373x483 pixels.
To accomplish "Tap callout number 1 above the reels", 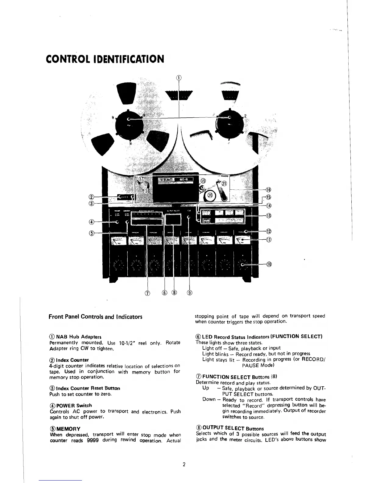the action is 179,77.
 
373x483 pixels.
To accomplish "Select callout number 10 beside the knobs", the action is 269,264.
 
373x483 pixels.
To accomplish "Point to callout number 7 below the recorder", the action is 147,293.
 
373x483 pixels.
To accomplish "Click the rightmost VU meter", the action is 242,241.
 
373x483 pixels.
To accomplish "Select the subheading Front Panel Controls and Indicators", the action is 95,317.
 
